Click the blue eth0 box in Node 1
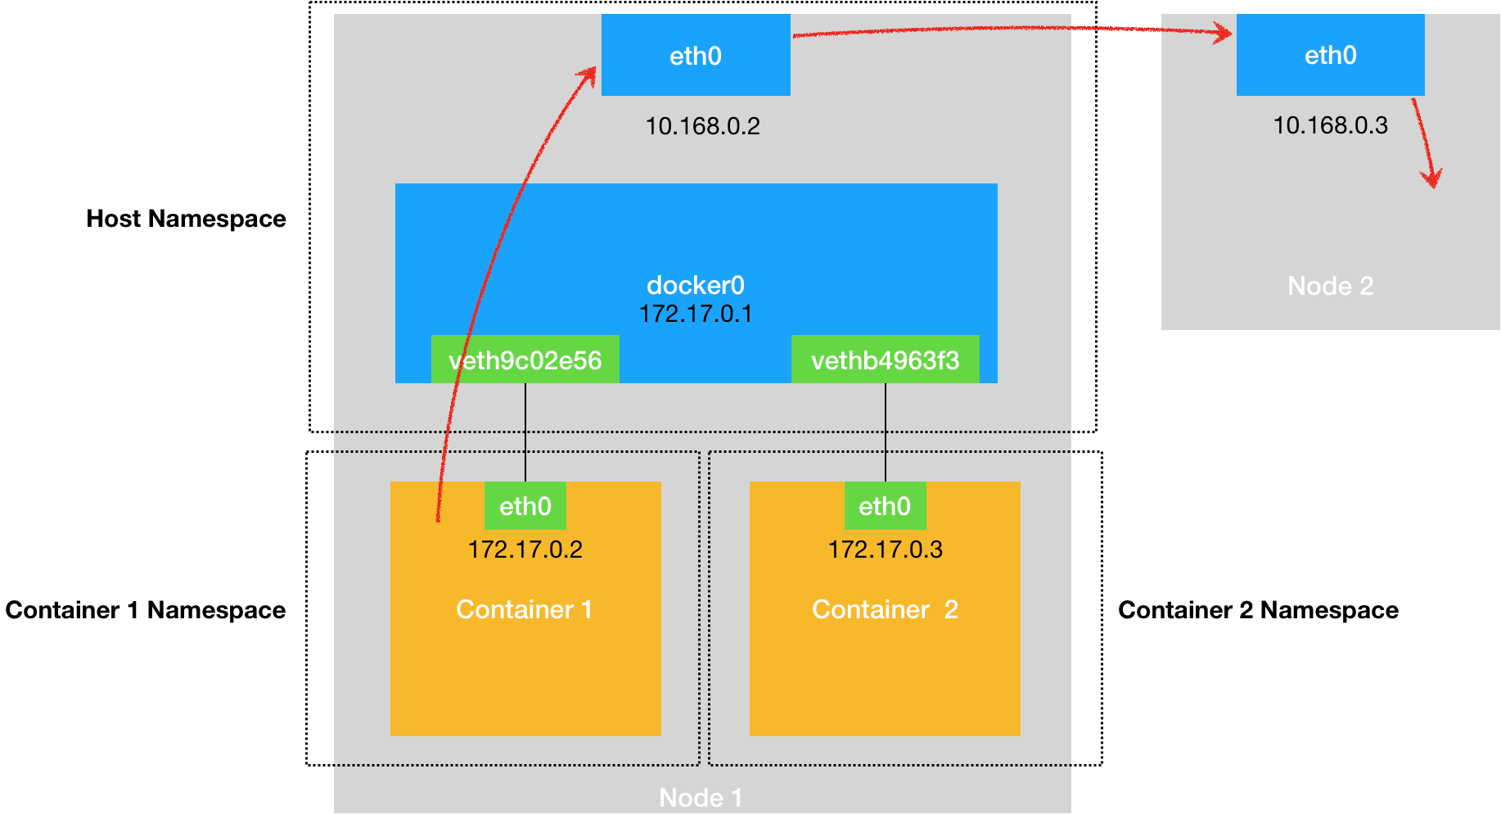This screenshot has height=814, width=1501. point(696,55)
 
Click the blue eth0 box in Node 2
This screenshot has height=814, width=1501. point(1330,55)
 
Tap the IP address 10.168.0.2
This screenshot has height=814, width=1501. point(702,126)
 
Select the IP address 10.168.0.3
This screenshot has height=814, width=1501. point(1330,125)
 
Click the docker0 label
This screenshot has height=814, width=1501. point(696,285)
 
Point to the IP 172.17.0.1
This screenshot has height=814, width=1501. point(696,314)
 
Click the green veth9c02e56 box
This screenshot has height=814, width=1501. point(525,360)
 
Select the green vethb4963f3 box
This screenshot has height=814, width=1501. point(885,360)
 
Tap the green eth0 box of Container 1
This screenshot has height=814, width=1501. point(525,506)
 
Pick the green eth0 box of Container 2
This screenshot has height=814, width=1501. point(885,506)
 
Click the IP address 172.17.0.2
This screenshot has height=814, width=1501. point(525,549)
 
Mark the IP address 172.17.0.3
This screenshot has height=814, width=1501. point(885,549)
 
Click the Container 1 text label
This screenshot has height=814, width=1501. point(524,609)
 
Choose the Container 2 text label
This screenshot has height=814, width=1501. point(885,609)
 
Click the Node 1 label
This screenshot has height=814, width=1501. point(701,797)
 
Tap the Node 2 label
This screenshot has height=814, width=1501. point(1330,286)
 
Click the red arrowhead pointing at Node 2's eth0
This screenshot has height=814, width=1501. point(1224,33)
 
